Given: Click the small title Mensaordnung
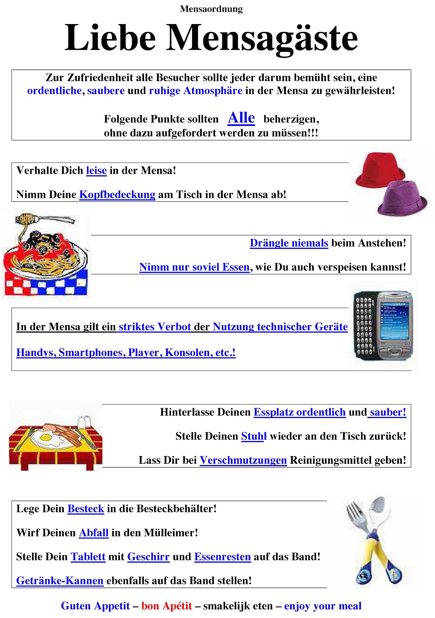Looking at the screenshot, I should pos(211,9).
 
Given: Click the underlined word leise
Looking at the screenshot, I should pos(96,171).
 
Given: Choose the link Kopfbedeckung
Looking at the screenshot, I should pos(117,194).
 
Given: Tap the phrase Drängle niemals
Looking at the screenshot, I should pos(289,243).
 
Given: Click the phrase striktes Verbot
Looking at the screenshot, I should pos(155,327).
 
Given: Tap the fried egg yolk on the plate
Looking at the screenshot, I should pos(45,437).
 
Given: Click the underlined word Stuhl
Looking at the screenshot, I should pos(254,436).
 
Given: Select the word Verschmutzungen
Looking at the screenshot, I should pos(243,460).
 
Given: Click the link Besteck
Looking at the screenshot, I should pos(86,509).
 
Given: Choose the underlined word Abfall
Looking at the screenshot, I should pos(94,533).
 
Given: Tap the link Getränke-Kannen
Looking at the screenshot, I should pos(60,581).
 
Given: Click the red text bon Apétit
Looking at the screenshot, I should pos(167,606).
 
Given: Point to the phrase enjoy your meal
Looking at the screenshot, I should pos(322,606).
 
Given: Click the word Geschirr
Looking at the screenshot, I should pos(148,557).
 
